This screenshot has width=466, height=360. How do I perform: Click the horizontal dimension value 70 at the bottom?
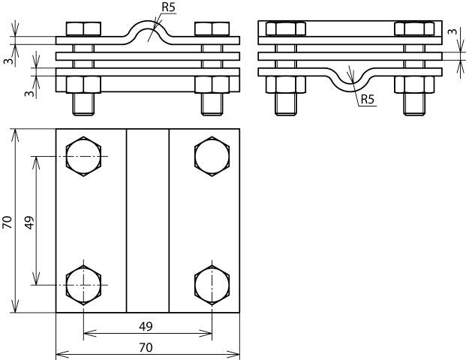[146, 346]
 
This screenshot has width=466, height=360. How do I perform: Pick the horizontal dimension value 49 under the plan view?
[146, 325]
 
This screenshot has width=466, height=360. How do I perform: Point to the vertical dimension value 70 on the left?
[8, 221]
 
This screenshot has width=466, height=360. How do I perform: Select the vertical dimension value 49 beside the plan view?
[29, 221]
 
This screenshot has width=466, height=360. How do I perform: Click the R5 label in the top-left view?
[169, 9]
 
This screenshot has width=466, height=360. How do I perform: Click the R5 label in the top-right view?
[368, 100]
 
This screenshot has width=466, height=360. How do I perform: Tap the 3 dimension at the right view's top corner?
[453, 32]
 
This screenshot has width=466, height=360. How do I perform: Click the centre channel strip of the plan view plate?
[147, 221]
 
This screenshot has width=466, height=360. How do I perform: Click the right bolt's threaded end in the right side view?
[413, 104]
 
